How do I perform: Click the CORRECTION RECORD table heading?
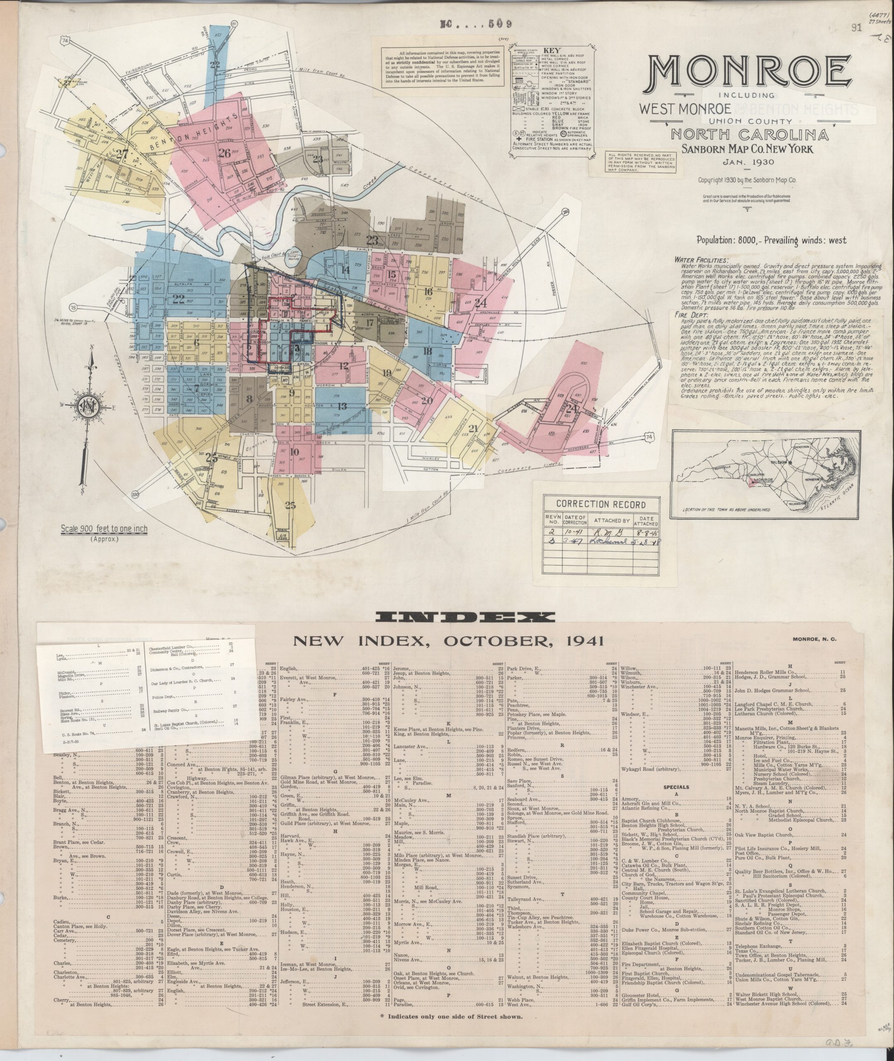tap(601, 504)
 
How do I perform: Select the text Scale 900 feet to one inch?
tap(104, 529)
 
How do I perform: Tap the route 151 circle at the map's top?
tap(234, 23)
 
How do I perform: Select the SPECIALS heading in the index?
tap(676, 787)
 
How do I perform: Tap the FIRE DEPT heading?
tap(688, 314)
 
